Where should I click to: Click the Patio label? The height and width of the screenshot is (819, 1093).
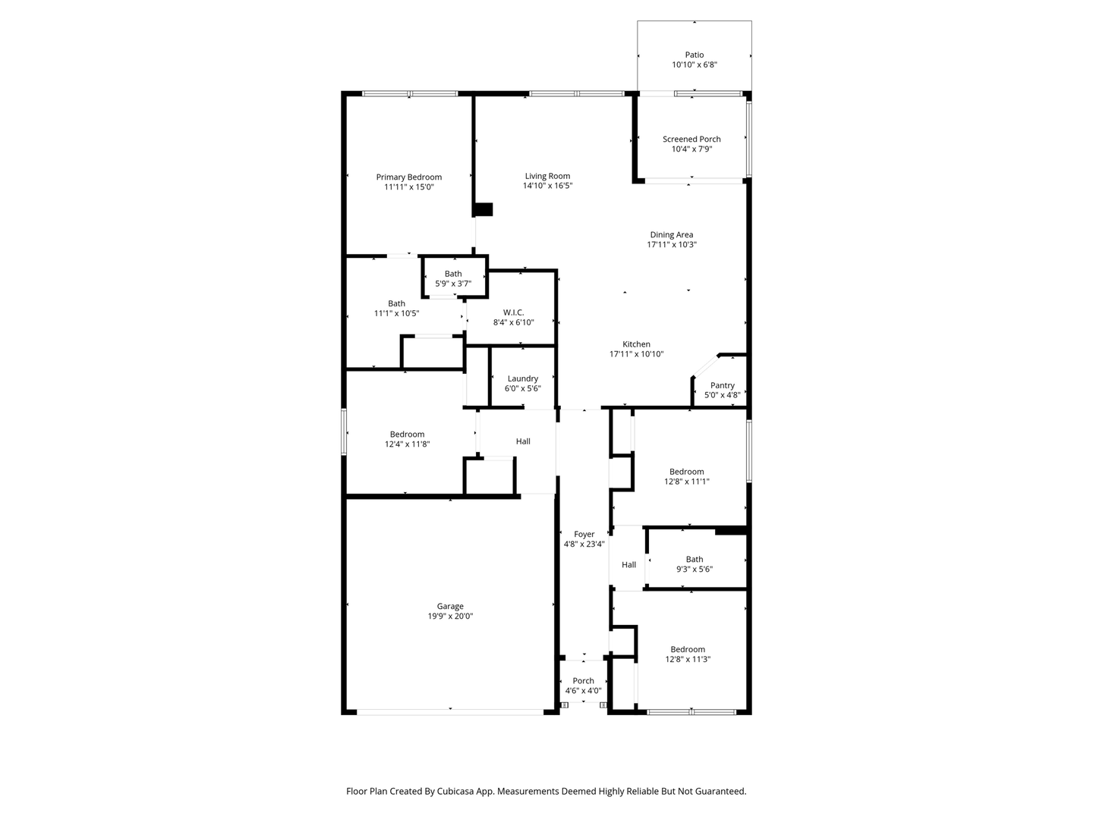[x=695, y=55]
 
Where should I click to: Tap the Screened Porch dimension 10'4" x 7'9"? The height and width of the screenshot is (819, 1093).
[x=691, y=149]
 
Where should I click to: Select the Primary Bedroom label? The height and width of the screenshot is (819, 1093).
[x=409, y=177]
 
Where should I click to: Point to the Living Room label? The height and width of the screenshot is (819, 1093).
[x=547, y=176]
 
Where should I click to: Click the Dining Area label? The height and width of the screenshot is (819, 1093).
[x=671, y=235]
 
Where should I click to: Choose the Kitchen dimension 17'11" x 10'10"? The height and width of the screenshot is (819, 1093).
[x=636, y=354]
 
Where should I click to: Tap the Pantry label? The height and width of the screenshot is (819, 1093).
[x=722, y=385]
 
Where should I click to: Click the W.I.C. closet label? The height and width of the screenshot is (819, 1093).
[x=513, y=312]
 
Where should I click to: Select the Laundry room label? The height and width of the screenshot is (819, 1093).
[x=522, y=379]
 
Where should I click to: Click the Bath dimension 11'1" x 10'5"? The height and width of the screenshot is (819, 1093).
[x=396, y=313]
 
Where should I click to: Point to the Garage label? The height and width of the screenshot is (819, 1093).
[x=450, y=606]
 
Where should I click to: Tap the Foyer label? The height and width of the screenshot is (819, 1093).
[x=584, y=534]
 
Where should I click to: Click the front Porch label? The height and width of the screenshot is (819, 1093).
[x=583, y=681]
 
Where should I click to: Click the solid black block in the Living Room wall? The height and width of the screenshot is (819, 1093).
[x=483, y=209]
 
